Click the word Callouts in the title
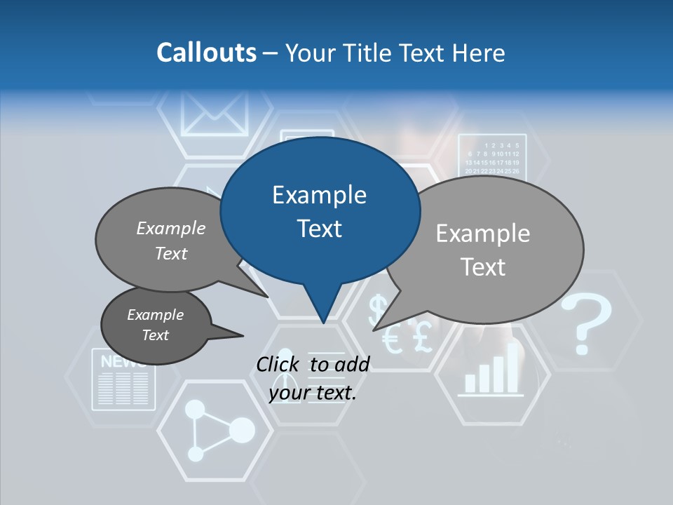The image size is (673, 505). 206,53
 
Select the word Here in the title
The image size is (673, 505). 480,53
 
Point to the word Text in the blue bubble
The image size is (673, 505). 319,228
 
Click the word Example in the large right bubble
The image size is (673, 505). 483,233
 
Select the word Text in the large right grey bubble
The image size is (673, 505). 483,267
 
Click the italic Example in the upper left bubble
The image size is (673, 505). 171,228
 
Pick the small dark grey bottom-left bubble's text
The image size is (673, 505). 156,325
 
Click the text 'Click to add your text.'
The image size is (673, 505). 313,378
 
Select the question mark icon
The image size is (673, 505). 586,323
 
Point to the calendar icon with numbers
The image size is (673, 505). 492,156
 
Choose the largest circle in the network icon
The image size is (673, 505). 242,429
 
